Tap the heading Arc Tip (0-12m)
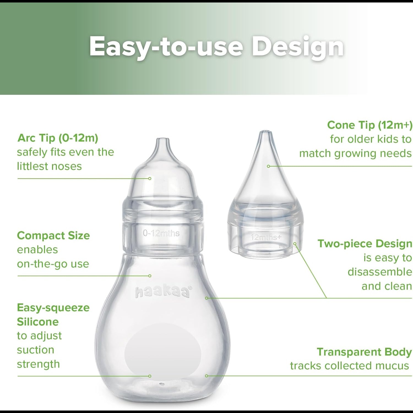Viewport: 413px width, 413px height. [58, 138]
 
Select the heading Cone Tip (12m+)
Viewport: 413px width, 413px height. [370, 125]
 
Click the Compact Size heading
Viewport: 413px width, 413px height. [53, 236]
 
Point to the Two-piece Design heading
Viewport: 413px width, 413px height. [365, 244]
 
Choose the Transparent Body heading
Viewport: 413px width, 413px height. [364, 352]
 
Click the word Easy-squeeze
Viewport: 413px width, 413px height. [53, 308]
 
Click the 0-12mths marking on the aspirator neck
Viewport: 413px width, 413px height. [161, 233]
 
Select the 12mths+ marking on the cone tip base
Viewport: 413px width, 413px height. [266, 237]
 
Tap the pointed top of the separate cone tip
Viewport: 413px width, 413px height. [265, 132]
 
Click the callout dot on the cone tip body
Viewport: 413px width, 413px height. [268, 166]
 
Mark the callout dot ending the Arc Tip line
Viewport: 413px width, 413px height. [150, 179]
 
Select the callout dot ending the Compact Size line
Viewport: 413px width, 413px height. [150, 276]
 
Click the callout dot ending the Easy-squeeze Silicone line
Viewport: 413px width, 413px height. [150, 376]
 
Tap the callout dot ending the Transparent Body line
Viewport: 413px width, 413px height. [206, 376]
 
